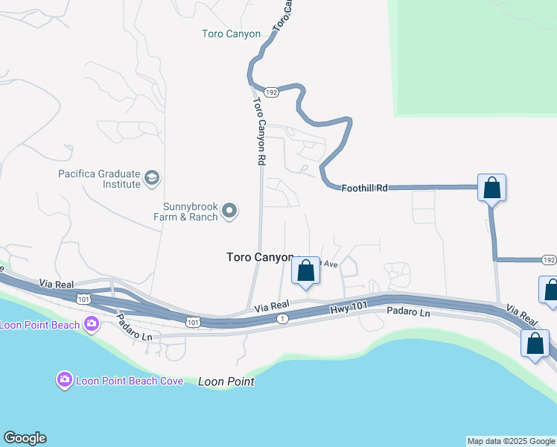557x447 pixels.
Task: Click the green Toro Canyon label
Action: point(232,34)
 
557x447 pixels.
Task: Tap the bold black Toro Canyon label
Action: point(260,257)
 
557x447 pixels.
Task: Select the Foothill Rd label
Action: point(365,188)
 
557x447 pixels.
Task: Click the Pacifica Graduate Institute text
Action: point(100,179)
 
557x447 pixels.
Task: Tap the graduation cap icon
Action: point(153,178)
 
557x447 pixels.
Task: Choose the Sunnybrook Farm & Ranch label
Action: point(191,212)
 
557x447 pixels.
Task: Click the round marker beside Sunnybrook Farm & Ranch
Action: point(230,212)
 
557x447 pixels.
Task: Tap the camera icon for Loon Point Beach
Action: point(92,324)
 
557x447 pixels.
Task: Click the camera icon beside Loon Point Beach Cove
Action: point(65,381)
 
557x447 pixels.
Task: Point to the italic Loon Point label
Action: point(226,381)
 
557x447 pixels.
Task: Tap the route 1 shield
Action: point(282,318)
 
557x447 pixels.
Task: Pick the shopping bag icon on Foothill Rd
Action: point(492,187)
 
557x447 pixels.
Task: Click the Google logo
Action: point(25,438)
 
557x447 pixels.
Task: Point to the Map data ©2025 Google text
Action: point(511,441)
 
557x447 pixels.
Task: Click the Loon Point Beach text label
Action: point(41,325)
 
